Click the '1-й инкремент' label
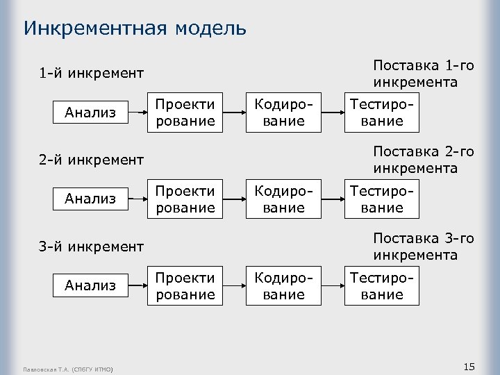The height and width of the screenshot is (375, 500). (x=91, y=73)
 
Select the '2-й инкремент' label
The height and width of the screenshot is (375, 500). (x=91, y=160)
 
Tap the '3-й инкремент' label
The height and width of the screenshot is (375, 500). (x=91, y=246)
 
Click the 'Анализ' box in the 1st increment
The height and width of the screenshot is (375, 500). (x=90, y=112)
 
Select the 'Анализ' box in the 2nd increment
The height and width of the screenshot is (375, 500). (x=90, y=199)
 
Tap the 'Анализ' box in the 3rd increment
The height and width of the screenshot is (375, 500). (x=90, y=285)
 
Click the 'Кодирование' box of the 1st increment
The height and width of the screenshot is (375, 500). (x=284, y=112)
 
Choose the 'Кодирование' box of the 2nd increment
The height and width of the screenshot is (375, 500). (x=284, y=199)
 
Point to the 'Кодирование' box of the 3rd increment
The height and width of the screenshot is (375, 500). (x=284, y=285)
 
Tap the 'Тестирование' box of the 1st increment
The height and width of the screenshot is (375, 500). (x=383, y=112)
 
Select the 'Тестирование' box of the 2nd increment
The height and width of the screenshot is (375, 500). (x=383, y=199)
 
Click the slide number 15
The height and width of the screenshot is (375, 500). (x=469, y=366)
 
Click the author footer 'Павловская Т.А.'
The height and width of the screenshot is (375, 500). (x=67, y=368)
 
